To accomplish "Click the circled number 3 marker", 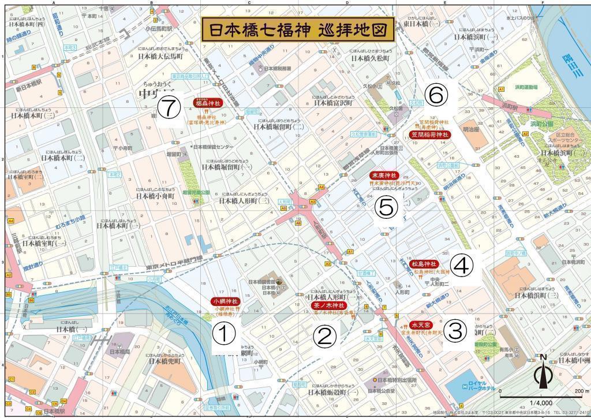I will point(455,331).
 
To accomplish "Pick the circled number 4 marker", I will point(462,265).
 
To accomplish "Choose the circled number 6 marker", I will point(435,93).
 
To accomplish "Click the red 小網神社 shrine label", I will point(225,301).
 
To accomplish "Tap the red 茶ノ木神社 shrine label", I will point(328,305).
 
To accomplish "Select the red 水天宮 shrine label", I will point(421,325).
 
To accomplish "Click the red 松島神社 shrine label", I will point(424,263).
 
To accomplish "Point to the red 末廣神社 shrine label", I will point(384,176).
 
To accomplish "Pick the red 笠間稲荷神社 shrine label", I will point(429,135).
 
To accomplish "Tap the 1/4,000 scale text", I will point(541,403).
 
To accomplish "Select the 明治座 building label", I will point(472,130).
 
